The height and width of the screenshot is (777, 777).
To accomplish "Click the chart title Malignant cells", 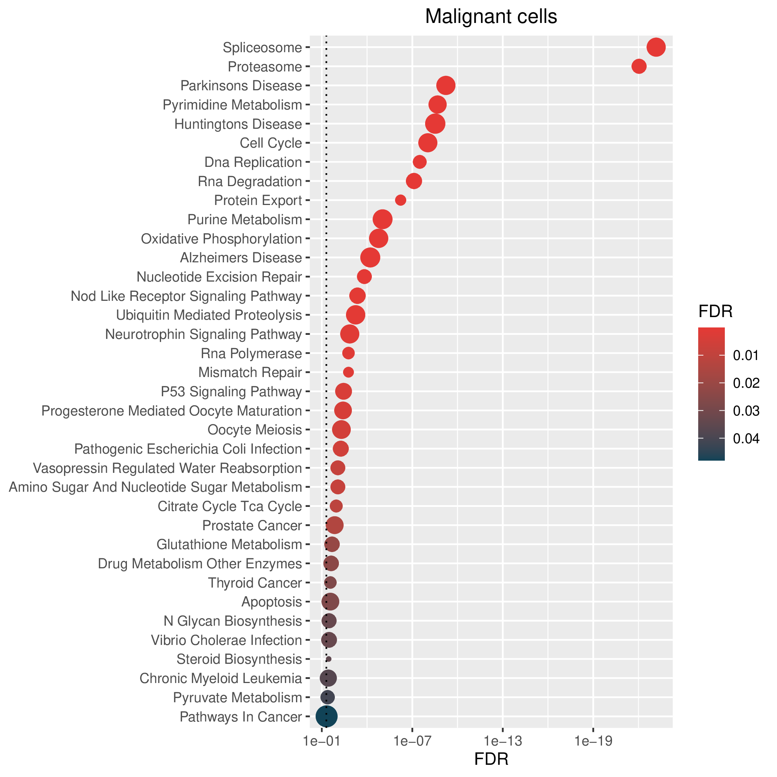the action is point(491,17).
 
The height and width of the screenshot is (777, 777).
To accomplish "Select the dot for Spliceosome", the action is point(656,47).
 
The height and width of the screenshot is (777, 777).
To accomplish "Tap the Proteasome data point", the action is point(639,66).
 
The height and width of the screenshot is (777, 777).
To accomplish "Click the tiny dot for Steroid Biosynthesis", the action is point(329,659).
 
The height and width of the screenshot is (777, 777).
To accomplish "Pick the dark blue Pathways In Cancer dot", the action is point(327,716).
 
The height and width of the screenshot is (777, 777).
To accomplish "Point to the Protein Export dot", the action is point(401,200).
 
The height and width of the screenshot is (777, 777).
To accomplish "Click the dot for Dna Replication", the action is point(420,162).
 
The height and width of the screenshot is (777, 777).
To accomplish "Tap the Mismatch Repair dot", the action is point(348,372).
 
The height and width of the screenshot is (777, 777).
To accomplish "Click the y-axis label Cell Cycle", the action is point(271,143).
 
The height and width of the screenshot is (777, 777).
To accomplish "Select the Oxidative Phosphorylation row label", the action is point(221,239).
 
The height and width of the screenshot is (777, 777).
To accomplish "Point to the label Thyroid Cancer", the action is point(255,583).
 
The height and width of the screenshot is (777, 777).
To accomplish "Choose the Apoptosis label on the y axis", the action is point(272,602).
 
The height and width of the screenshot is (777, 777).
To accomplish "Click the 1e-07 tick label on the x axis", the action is point(412,741).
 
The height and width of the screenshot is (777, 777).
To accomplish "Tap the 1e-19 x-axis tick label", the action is point(593,741).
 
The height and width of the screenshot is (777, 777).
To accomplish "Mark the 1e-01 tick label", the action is point(322,741).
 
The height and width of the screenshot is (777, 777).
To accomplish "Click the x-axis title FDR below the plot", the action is point(491,759).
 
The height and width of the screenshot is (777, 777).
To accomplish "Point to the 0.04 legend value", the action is point(746,438).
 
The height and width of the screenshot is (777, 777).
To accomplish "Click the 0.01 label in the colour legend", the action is point(746,356).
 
